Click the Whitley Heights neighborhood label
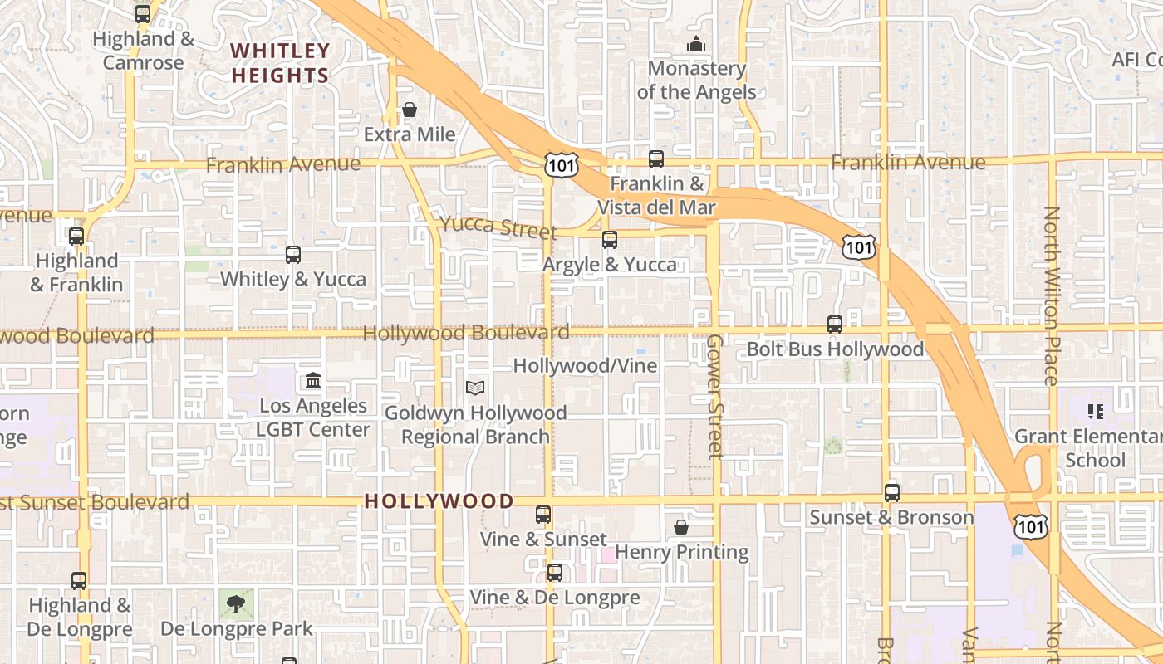pos(280,63)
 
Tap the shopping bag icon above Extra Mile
pos(410,110)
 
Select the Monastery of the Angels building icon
pos(695,44)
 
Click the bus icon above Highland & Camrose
pos(143,14)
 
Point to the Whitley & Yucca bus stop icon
pos(293,255)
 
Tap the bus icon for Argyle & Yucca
pos(610,240)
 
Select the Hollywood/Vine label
pos(585,366)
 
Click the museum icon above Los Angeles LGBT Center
pos(313,381)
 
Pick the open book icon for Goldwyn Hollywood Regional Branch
pos(475,388)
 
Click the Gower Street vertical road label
pos(714,396)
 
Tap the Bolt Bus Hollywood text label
pos(835,349)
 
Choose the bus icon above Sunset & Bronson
pos(892,493)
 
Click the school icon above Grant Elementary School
pos(1095,412)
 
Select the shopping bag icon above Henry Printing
pos(681,527)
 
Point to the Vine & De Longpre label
pos(555,598)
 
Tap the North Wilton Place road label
pos(1052,295)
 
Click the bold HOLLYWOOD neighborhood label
pos(439,501)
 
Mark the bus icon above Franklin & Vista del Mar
pos(656,159)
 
